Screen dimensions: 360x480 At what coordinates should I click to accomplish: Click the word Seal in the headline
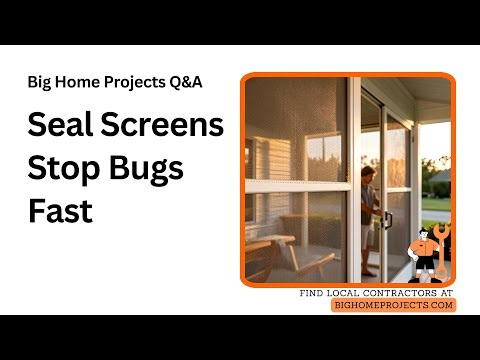(x=57, y=126)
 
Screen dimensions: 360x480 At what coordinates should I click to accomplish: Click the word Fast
(x=60, y=211)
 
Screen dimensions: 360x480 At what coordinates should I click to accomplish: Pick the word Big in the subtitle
(x=41, y=82)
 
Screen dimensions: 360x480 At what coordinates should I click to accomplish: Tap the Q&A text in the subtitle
(x=188, y=82)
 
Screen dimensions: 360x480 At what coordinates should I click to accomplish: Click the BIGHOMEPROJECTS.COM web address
(x=394, y=305)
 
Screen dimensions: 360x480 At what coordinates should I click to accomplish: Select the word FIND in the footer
(x=314, y=293)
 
